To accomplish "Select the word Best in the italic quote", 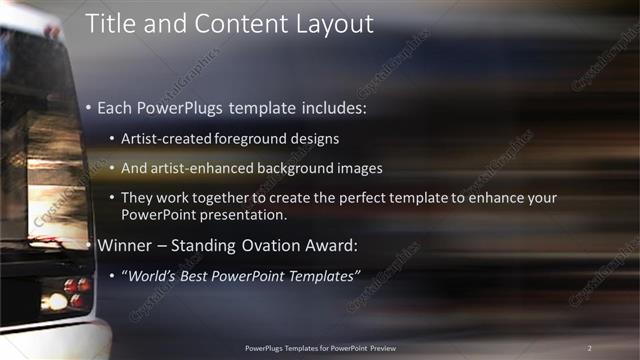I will tap(199, 275).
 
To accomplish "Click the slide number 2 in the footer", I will tap(589, 347).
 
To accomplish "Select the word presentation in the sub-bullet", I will tap(253, 214).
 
